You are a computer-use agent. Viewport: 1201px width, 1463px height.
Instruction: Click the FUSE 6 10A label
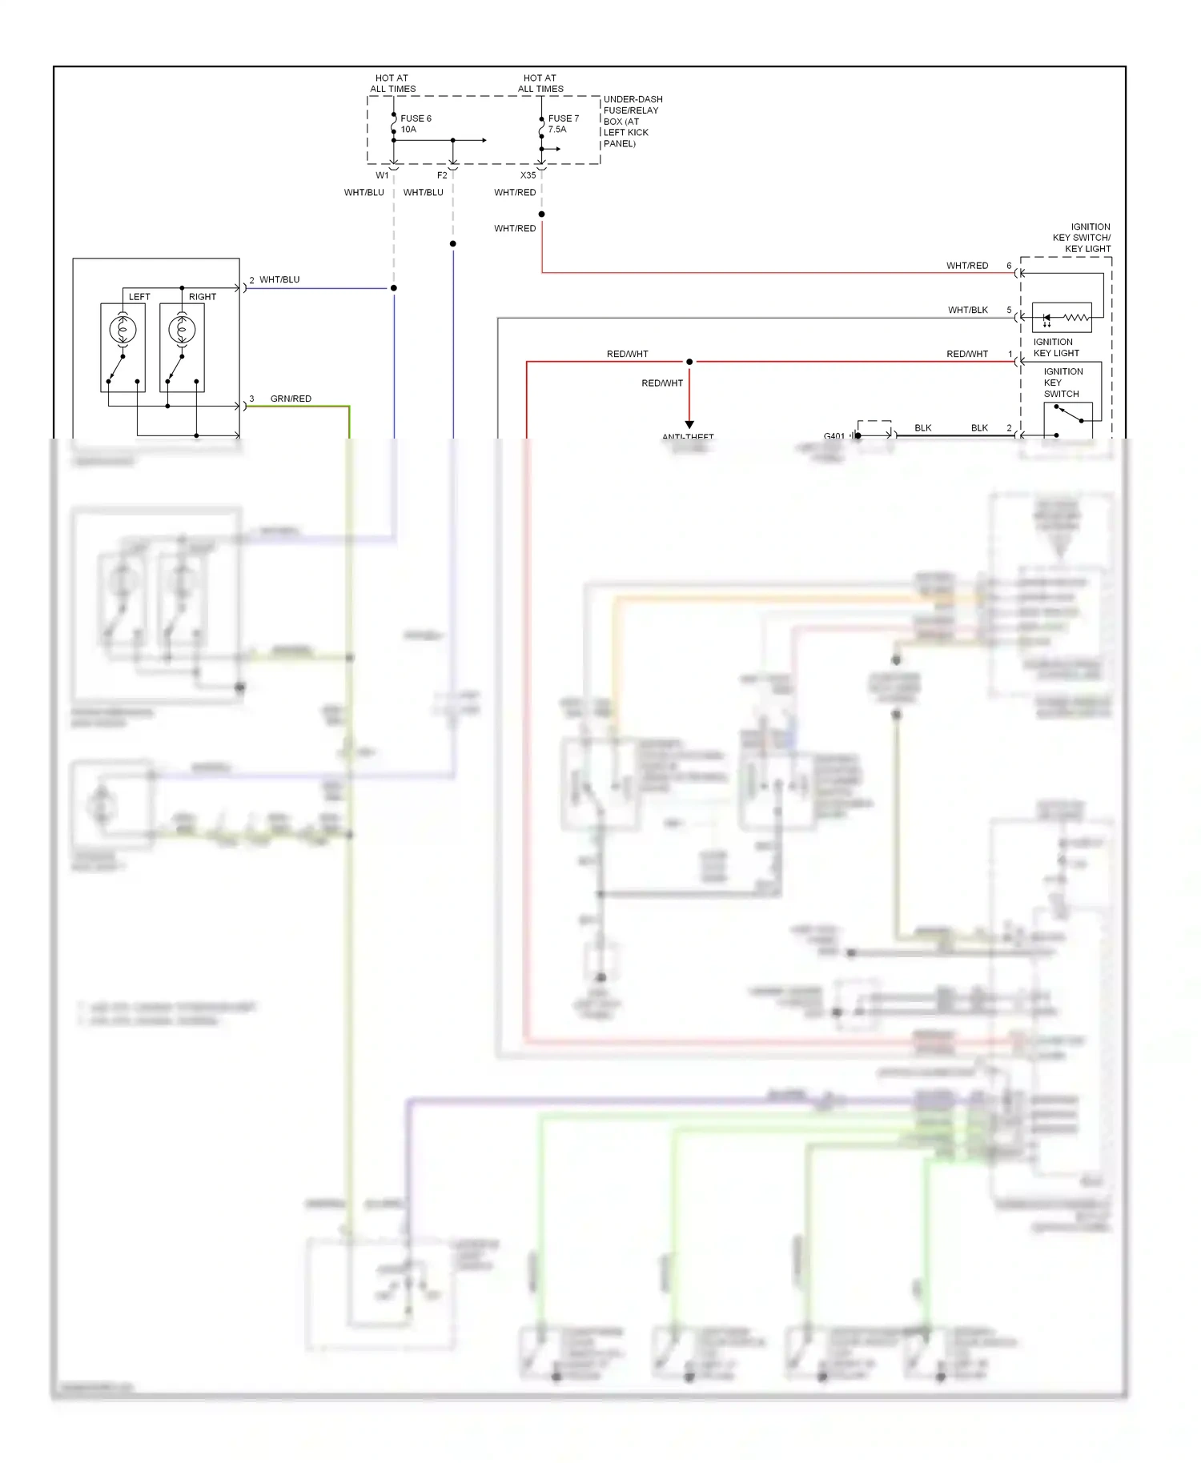(416, 124)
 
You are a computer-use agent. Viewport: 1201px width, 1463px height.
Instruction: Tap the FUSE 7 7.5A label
(563, 124)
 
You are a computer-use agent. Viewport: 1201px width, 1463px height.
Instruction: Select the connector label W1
(382, 175)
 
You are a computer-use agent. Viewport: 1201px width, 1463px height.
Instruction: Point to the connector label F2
(442, 175)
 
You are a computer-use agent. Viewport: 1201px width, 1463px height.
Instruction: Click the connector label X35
(528, 175)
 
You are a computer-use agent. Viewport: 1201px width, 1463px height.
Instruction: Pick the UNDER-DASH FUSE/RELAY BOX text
(632, 122)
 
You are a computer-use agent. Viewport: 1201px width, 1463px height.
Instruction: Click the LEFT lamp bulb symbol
(123, 329)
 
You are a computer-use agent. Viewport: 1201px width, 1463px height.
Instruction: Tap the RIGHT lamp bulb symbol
(182, 329)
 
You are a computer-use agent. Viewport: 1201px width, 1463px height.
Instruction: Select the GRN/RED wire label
(291, 399)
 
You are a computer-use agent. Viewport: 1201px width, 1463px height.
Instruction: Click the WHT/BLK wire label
(967, 310)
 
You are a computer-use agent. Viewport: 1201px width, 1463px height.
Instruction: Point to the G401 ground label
(833, 435)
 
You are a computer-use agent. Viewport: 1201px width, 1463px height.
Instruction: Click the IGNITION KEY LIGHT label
(1055, 347)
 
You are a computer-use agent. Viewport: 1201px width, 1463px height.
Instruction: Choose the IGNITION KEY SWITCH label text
(1062, 383)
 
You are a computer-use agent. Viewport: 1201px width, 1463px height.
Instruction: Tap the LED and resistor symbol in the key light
(1062, 318)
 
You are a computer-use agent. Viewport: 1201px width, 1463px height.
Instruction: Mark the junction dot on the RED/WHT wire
(689, 362)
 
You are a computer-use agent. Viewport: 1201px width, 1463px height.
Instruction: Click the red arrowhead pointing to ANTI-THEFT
(689, 425)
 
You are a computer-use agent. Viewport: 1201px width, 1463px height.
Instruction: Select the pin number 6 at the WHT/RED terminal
(1009, 266)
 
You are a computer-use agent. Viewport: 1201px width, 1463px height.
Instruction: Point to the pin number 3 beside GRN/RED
(251, 399)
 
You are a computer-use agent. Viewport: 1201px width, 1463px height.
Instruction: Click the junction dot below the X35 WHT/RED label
(542, 214)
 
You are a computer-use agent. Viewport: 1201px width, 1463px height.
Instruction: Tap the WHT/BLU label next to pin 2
(279, 279)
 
